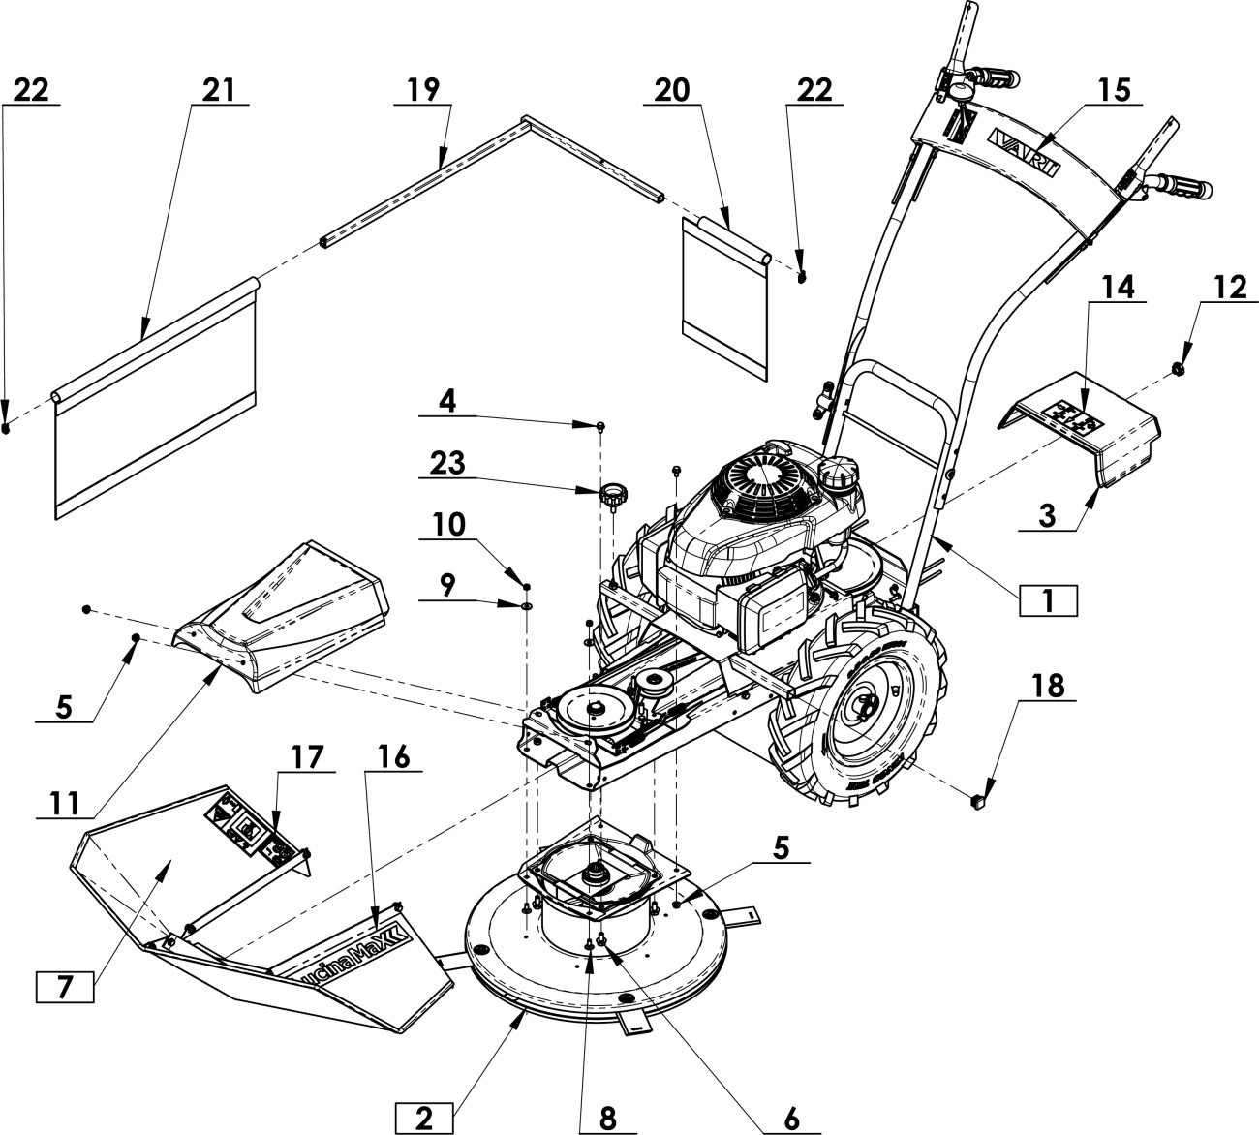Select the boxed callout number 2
[423, 1118]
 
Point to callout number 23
[447, 463]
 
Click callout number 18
[1049, 685]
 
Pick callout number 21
[219, 89]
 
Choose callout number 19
[423, 89]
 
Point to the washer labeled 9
[526, 605]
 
